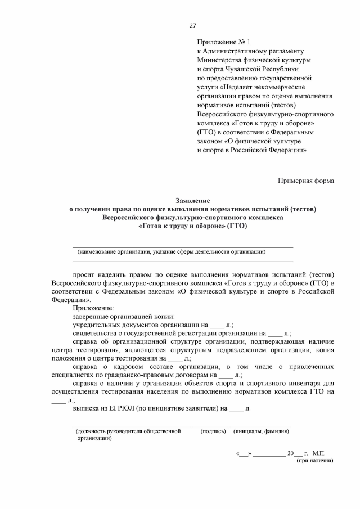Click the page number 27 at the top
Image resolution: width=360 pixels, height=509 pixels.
coord(192,26)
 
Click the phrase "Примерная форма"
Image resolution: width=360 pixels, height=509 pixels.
coord(306,181)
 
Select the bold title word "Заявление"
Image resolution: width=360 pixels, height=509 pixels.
coord(192,200)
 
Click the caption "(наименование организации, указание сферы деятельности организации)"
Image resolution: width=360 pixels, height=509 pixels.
coord(172,251)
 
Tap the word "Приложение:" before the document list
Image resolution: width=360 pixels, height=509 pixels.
coord(93,308)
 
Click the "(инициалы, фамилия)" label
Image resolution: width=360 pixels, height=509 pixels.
coord(261,431)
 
